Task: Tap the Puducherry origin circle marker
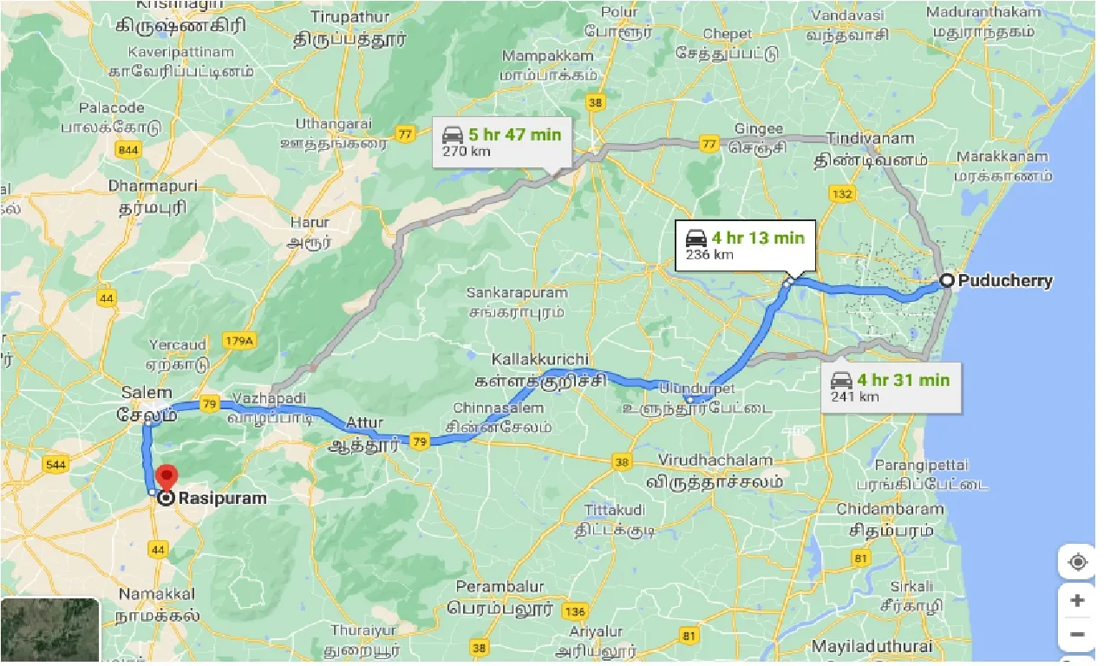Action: coord(947,280)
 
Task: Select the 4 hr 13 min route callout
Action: coord(745,245)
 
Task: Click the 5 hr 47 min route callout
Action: coord(502,142)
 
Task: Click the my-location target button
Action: coord(1077,562)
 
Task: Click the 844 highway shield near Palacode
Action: coord(128,151)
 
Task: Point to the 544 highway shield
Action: coord(56,465)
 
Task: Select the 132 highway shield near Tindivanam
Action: coord(840,194)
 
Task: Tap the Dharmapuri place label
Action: coord(153,186)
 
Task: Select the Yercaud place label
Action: coord(178,345)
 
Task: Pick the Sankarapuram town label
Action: coord(515,292)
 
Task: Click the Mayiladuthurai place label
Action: coord(872,646)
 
